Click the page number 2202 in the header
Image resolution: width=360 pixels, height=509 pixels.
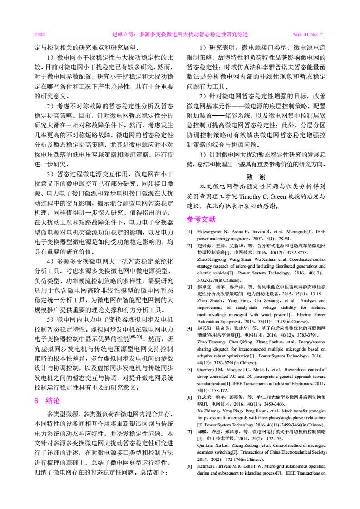[40, 34]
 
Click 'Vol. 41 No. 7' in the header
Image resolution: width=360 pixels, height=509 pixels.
[307, 34]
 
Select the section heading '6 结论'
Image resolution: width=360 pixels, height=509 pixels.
[47, 401]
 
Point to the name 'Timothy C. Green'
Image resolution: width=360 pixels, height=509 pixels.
[262, 196]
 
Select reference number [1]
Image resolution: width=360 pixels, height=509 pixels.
[189, 232]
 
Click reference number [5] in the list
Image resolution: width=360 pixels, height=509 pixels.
[189, 369]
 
